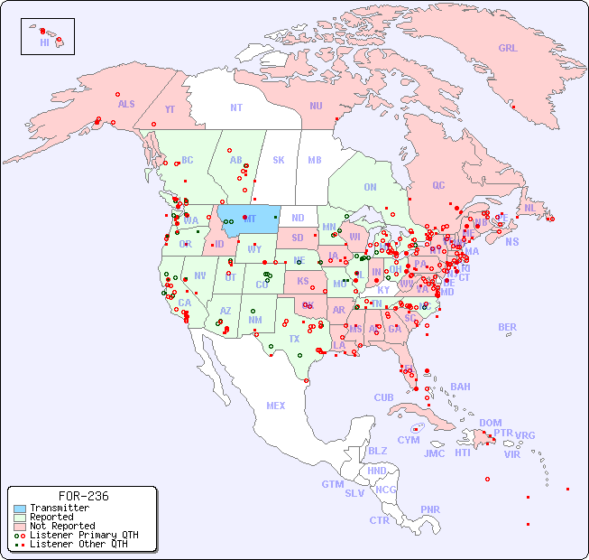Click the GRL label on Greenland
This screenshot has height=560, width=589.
pyautogui.click(x=508, y=49)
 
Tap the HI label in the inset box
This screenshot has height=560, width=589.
pyautogui.click(x=44, y=42)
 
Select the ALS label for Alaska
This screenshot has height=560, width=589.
pyautogui.click(x=126, y=104)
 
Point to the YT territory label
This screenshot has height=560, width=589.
pyautogui.click(x=170, y=109)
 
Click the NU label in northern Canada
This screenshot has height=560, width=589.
pyautogui.click(x=316, y=106)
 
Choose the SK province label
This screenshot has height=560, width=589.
pyautogui.click(x=279, y=160)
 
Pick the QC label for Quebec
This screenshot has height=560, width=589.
pyautogui.click(x=438, y=185)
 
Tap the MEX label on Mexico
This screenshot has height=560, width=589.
pyautogui.click(x=276, y=406)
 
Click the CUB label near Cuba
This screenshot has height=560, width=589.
pyautogui.click(x=383, y=397)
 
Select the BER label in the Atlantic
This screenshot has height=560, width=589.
pyautogui.click(x=507, y=327)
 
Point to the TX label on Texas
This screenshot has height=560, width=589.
pyautogui.click(x=294, y=339)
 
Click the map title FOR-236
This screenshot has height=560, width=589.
pyautogui.click(x=83, y=496)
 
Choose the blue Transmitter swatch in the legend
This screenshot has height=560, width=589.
pyautogui.click(x=19, y=509)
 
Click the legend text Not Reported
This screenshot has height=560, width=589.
pyautogui.click(x=62, y=526)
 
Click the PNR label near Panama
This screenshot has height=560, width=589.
pyautogui.click(x=430, y=509)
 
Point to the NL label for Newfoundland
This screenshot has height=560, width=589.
pyautogui.click(x=529, y=208)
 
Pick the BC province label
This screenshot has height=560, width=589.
pyautogui.click(x=188, y=160)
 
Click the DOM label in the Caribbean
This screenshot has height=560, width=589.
pyautogui.click(x=490, y=423)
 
